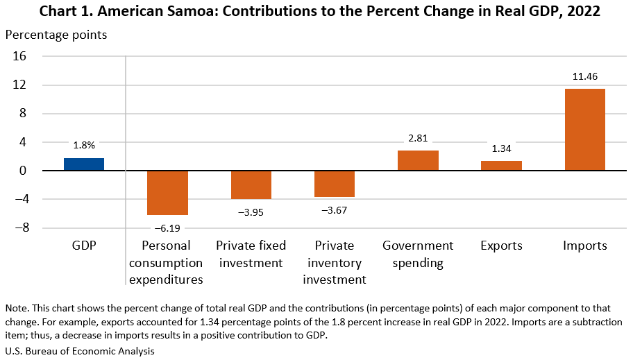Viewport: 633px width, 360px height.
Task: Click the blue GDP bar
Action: click(x=84, y=164)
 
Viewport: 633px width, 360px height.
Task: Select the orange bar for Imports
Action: click(x=584, y=130)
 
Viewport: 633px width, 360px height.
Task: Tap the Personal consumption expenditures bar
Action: click(x=167, y=193)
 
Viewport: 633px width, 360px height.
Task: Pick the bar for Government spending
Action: click(x=418, y=160)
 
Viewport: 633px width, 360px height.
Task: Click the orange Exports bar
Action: click(x=501, y=166)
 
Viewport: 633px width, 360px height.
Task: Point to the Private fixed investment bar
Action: click(x=251, y=185)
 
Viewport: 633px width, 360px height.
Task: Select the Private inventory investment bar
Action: click(x=335, y=184)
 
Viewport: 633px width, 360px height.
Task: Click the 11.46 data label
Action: click(x=584, y=76)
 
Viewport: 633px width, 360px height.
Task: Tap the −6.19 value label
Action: click(x=167, y=227)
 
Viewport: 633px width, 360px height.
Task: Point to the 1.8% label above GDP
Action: click(x=84, y=146)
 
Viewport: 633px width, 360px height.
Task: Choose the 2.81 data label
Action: click(x=418, y=139)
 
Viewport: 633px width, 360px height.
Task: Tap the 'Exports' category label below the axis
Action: click(x=501, y=246)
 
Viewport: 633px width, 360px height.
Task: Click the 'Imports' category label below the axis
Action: click(x=584, y=246)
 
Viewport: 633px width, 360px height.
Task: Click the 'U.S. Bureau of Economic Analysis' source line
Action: click(x=80, y=351)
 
